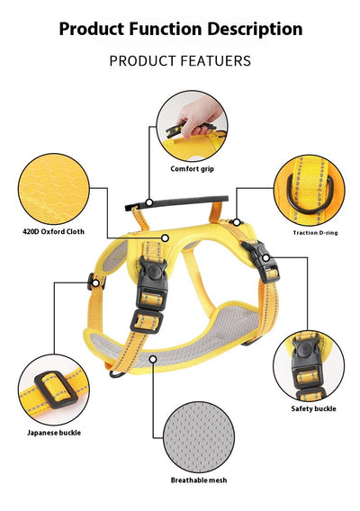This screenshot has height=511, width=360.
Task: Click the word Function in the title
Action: pos(166,29)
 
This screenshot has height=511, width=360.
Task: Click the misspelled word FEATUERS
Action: pos(215,61)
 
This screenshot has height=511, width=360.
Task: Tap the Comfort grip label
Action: pos(192,169)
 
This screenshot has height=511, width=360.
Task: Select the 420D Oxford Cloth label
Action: pos(53,232)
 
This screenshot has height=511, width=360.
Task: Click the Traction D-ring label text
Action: pos(315,233)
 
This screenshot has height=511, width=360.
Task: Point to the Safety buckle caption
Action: pos(313,408)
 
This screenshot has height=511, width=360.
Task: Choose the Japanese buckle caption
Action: pos(54,433)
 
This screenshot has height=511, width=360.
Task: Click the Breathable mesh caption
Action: pos(199,480)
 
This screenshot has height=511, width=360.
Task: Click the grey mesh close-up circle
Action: pos(199,437)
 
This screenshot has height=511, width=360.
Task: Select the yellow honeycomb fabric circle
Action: pos(54,189)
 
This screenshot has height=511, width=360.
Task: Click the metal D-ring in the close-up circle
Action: pos(310,193)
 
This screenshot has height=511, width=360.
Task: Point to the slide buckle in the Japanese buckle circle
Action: pos(56,390)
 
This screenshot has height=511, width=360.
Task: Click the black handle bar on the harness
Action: pos(176,202)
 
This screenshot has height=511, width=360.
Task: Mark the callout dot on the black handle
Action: pos(149,202)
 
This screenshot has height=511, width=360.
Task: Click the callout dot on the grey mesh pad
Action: pos(153,359)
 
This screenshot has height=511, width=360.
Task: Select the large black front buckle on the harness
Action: pos(152,282)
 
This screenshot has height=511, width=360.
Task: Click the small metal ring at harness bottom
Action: pos(117,373)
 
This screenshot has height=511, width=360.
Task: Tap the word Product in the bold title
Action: pos(92,29)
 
